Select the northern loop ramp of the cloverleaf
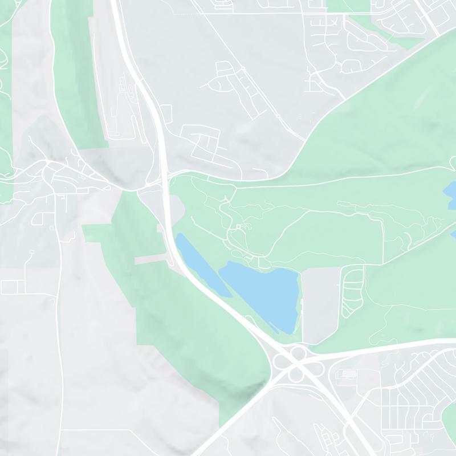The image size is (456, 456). (x=296, y=354)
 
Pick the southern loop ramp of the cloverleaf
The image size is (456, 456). (x=296, y=374)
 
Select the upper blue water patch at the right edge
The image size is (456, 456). (x=450, y=194)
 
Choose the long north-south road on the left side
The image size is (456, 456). (x=60, y=319)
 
